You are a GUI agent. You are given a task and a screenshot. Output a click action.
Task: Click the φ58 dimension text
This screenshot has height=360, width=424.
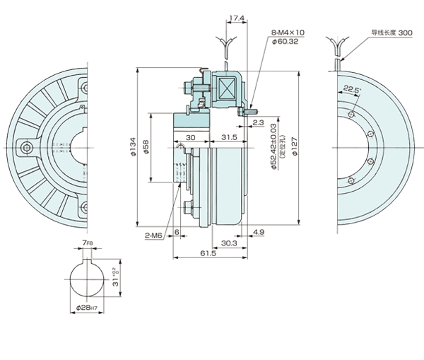[x=147, y=149]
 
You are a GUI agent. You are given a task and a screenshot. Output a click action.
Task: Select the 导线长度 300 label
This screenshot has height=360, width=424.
[x=391, y=33]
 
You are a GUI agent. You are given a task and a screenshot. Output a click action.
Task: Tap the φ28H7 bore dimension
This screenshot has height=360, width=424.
[x=88, y=308]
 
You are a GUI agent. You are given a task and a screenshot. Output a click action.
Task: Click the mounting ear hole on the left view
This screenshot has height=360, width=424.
[x=26, y=148]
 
